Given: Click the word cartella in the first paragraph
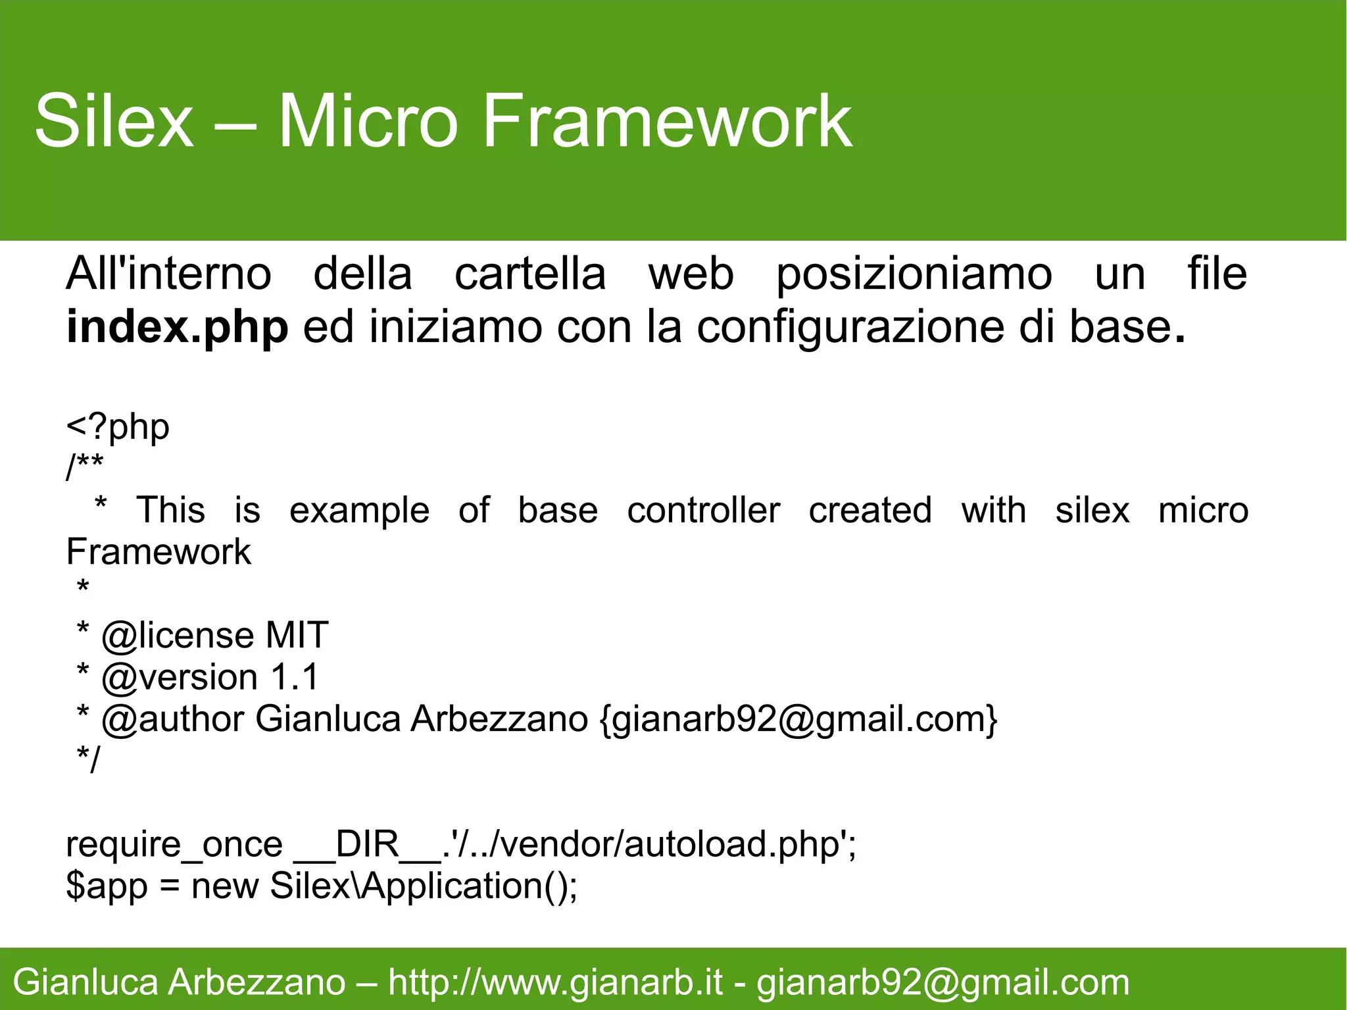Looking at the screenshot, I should [530, 274].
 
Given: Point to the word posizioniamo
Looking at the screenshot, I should [914, 274].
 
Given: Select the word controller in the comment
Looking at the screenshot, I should [703, 511].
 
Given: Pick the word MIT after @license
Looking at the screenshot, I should [297, 636].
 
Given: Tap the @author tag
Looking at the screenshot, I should [172, 719].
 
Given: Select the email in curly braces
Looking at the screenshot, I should [798, 719].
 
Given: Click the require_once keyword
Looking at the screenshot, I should [174, 845].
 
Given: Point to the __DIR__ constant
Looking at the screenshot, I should [367, 845].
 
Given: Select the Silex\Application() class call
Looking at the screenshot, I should [424, 886].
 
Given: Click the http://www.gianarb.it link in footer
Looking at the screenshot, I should [555, 982].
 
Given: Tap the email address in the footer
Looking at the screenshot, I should [943, 982].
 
